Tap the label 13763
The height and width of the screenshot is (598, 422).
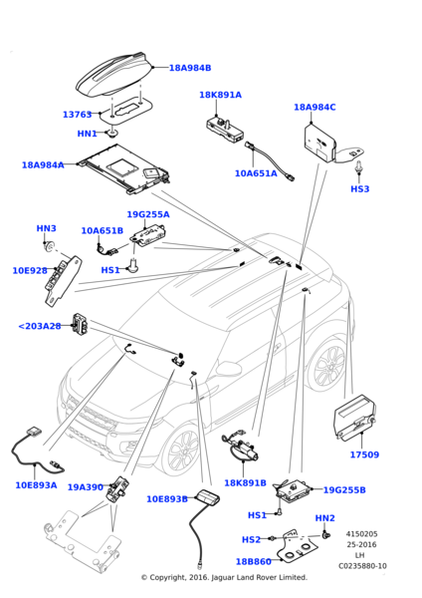(77, 115)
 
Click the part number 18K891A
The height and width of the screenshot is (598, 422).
(220, 95)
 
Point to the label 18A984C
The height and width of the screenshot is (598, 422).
(315, 107)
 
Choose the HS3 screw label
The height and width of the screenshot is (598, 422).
(359, 188)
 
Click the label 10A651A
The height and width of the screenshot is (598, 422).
(256, 172)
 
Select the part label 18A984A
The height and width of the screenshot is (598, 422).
(43, 165)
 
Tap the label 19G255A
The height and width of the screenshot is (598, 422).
(147, 214)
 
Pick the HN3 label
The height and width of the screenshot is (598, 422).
(46, 228)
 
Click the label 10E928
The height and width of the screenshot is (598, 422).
(30, 270)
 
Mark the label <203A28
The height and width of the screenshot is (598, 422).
(39, 326)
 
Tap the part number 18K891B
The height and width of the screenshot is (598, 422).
(245, 482)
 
